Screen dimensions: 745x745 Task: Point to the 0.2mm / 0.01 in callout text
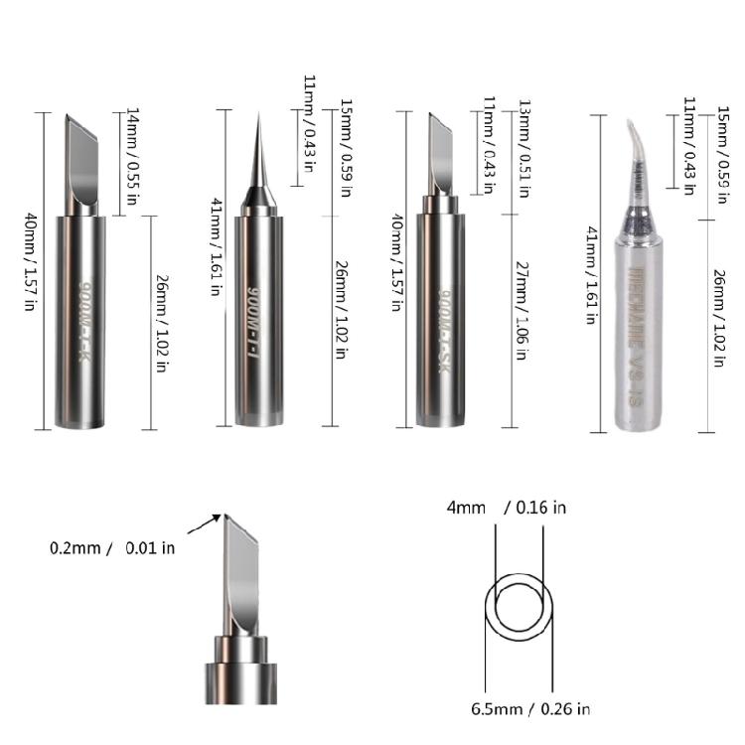click(112, 547)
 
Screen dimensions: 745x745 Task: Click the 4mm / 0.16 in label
click(507, 508)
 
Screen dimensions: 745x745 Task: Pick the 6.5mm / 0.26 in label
click(529, 708)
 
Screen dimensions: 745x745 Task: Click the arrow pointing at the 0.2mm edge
click(207, 524)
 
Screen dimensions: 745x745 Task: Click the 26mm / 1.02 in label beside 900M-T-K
click(160, 323)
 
